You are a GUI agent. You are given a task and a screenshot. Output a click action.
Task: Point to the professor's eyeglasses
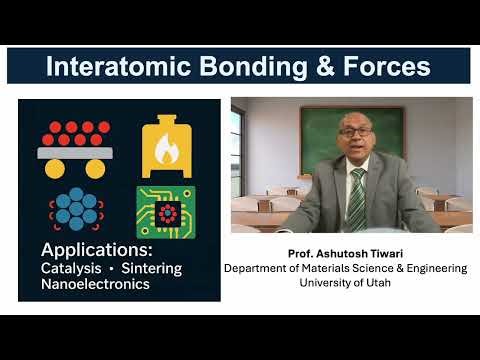click(349, 138)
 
